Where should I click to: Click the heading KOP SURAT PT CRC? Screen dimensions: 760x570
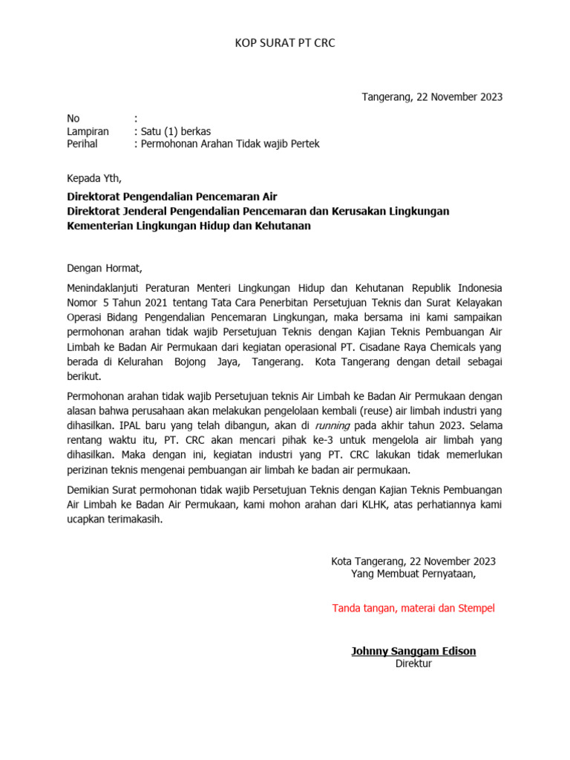[285, 43]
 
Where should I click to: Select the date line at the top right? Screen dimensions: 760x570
[432, 97]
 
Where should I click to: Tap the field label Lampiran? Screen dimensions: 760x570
[88, 131]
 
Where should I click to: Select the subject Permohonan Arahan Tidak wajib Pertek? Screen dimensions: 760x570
[230, 144]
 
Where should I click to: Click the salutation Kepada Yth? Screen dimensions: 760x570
[94, 178]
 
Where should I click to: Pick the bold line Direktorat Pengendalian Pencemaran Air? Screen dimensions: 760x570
[172, 197]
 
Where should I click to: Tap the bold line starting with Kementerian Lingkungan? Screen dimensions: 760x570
[189, 226]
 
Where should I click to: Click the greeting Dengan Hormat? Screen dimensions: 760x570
[104, 268]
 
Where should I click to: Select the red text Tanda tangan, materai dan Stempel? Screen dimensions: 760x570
[413, 609]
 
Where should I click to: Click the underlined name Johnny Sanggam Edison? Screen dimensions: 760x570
[413, 652]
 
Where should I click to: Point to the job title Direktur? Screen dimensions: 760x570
[413, 664]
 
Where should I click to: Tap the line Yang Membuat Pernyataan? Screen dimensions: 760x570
[413, 574]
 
